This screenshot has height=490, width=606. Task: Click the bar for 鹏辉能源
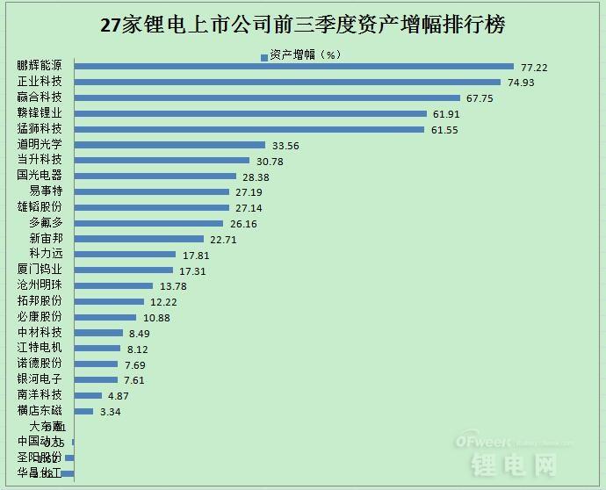click(293, 66)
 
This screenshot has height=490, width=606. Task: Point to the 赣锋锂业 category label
click(40, 113)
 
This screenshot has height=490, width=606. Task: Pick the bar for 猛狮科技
click(249, 129)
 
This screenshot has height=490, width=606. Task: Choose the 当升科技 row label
click(40, 160)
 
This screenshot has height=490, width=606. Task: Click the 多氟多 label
click(46, 223)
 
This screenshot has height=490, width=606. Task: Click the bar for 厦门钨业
click(124, 270)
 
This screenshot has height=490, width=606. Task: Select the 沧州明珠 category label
click(40, 285)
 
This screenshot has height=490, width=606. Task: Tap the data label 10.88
click(155, 318)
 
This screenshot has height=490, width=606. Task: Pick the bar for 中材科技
click(98, 333)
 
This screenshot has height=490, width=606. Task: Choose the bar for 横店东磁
click(83, 411)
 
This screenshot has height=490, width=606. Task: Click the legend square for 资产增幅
click(263, 54)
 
